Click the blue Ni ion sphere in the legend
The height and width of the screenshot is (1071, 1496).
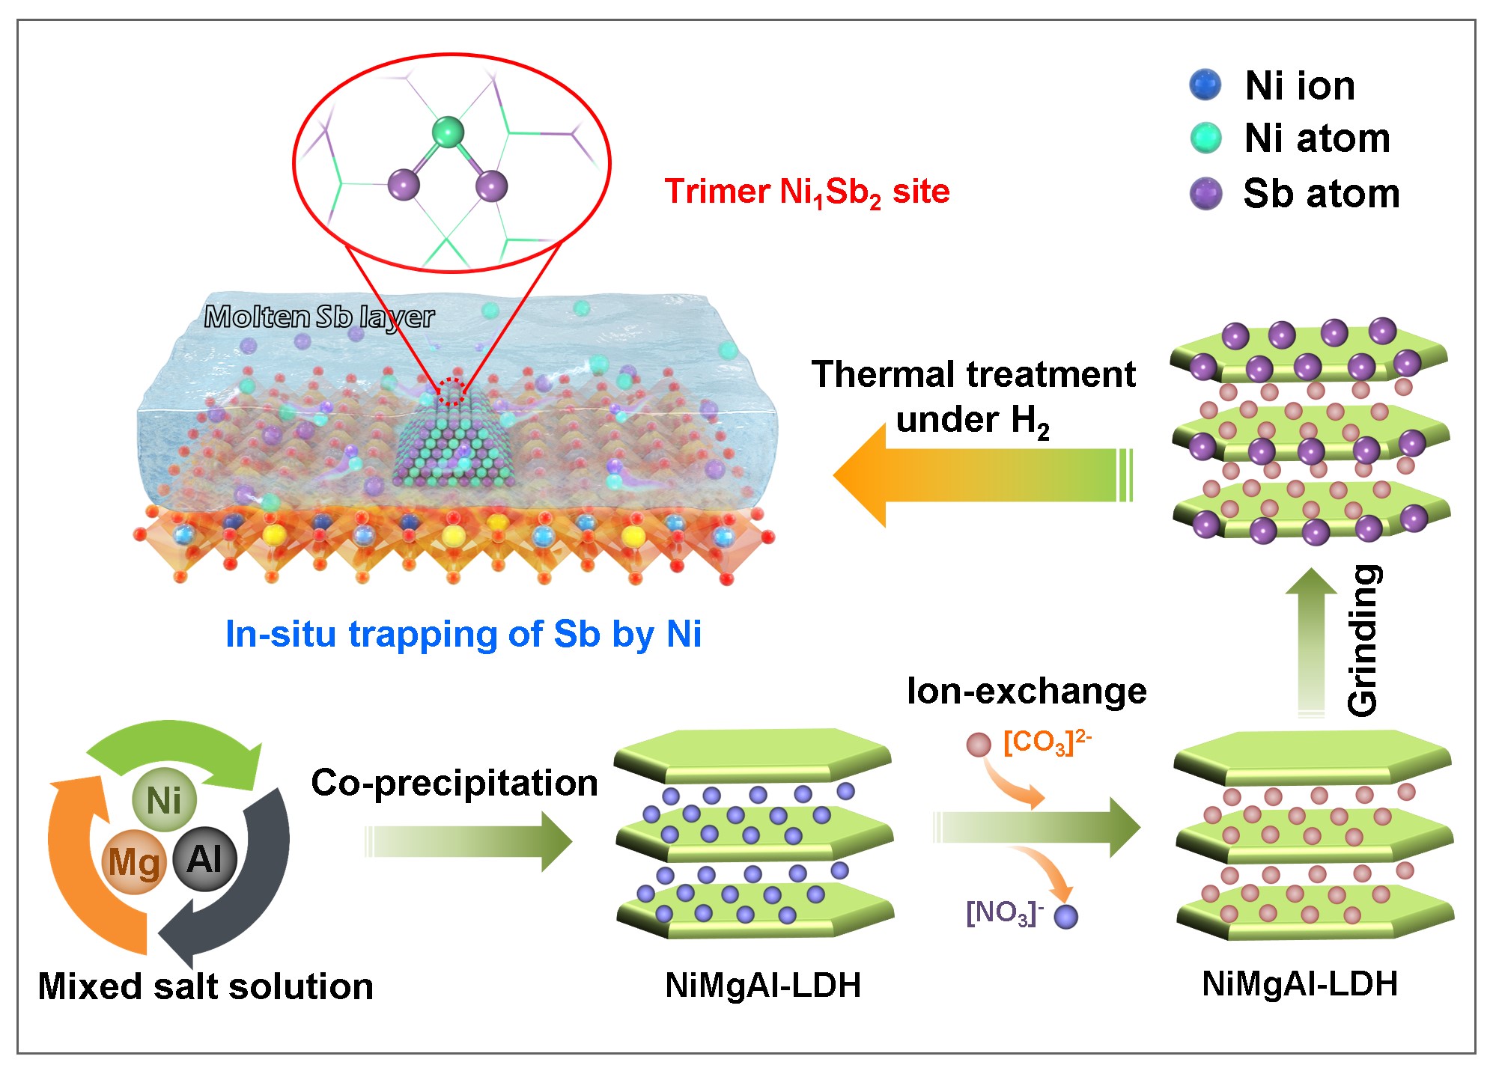pos(1205,85)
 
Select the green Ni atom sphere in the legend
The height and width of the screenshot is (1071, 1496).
pos(1205,138)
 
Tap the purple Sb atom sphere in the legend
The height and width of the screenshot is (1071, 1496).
pos(1205,193)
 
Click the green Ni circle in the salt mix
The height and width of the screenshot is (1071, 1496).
pos(164,799)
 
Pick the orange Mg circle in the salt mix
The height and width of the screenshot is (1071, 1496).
pos(134,861)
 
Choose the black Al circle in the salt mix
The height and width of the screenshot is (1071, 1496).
pos(204,858)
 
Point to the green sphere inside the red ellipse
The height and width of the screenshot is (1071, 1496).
pos(449,132)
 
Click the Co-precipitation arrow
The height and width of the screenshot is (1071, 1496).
pos(468,841)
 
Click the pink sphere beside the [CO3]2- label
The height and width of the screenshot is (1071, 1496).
pos(979,744)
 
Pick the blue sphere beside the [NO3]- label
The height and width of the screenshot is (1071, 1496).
pos(1065,916)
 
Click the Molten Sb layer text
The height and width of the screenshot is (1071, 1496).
pos(319,317)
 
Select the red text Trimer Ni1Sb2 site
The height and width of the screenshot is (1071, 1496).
pos(806,192)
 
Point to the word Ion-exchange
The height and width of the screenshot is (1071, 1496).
pos(1026,690)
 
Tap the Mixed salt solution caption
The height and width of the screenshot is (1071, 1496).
pos(205,986)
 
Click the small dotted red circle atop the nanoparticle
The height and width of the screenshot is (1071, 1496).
pos(451,391)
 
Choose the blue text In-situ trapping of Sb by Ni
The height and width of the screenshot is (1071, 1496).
pos(463,634)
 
